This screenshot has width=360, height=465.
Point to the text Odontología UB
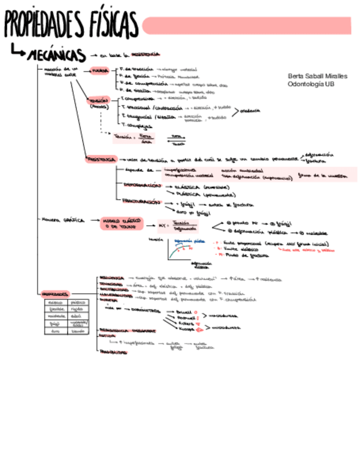(311, 84)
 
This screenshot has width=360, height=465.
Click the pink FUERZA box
(100, 71)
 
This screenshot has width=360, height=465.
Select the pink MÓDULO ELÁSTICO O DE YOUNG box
(120, 222)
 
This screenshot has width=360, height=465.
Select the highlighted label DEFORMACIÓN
(138, 185)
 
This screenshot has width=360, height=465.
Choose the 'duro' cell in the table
(55, 331)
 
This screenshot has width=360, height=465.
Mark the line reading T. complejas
(137, 126)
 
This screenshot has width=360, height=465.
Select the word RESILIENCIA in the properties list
(111, 278)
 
